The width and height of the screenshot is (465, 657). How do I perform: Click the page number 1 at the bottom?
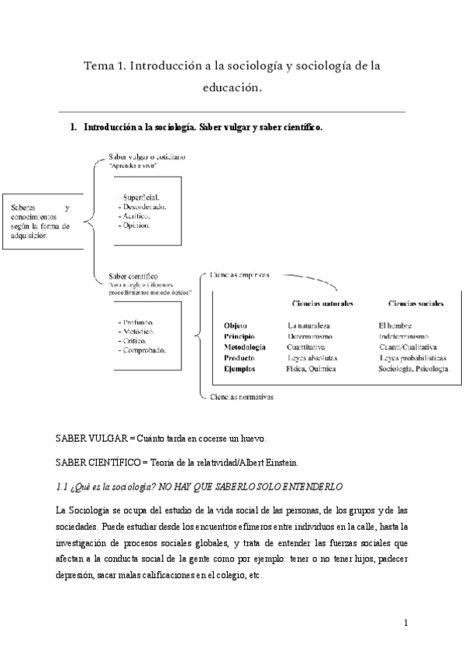[406, 622]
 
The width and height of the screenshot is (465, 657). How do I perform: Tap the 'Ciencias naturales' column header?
[319, 304]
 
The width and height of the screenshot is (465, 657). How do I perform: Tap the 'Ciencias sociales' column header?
[415, 304]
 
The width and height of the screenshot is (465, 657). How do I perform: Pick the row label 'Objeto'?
[235, 325]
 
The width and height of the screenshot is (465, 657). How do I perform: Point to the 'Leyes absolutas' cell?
[312, 359]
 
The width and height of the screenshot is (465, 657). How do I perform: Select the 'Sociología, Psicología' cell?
[413, 370]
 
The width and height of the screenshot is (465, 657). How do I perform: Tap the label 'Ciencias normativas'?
[242, 397]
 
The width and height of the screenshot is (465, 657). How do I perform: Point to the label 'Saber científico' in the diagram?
[134, 275]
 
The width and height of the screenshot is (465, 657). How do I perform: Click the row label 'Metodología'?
[245, 348]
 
